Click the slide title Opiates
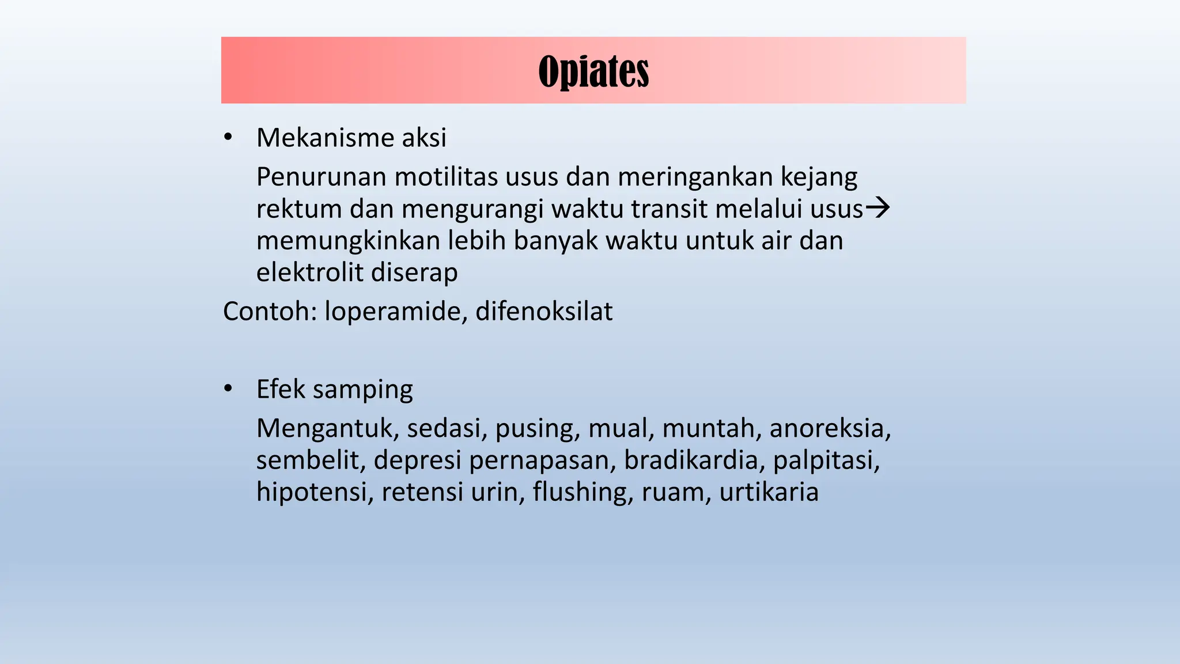[x=593, y=71]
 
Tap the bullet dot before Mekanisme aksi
[x=228, y=137]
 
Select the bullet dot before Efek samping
[x=228, y=389]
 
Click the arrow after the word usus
[x=878, y=207]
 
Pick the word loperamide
[x=396, y=312]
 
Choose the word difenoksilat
[x=544, y=312]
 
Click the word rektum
[x=299, y=209]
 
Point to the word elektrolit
[x=310, y=273]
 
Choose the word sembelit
[x=311, y=461]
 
